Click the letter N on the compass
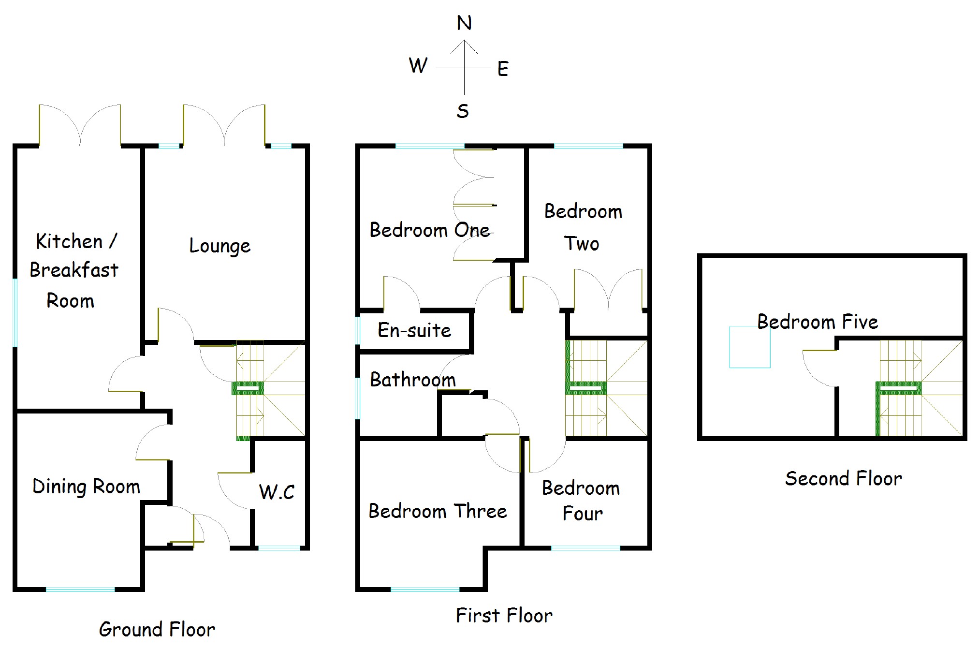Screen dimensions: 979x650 click(x=464, y=23)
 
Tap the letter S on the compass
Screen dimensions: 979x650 click(x=463, y=111)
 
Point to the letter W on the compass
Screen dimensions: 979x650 click(x=418, y=65)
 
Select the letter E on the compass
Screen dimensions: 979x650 click(x=503, y=69)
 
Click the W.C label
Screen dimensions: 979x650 click(x=277, y=492)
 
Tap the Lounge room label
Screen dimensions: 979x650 click(x=220, y=246)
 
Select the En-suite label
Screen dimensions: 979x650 click(x=414, y=330)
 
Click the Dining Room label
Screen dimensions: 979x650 click(x=86, y=487)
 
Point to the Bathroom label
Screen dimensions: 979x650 click(x=413, y=380)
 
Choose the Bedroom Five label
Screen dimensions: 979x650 click(x=818, y=322)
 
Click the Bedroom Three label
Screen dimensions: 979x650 click(x=438, y=511)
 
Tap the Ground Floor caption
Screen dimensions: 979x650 click(x=157, y=629)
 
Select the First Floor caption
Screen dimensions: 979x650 click(x=504, y=616)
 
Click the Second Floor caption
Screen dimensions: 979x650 click(x=844, y=479)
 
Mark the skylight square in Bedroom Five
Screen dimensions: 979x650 click(x=750, y=347)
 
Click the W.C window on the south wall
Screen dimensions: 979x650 click(x=279, y=548)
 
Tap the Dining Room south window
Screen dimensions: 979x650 click(x=80, y=590)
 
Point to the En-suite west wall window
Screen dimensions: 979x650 click(x=358, y=331)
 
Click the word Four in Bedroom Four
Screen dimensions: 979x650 click(x=583, y=514)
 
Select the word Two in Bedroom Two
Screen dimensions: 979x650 click(x=582, y=244)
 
